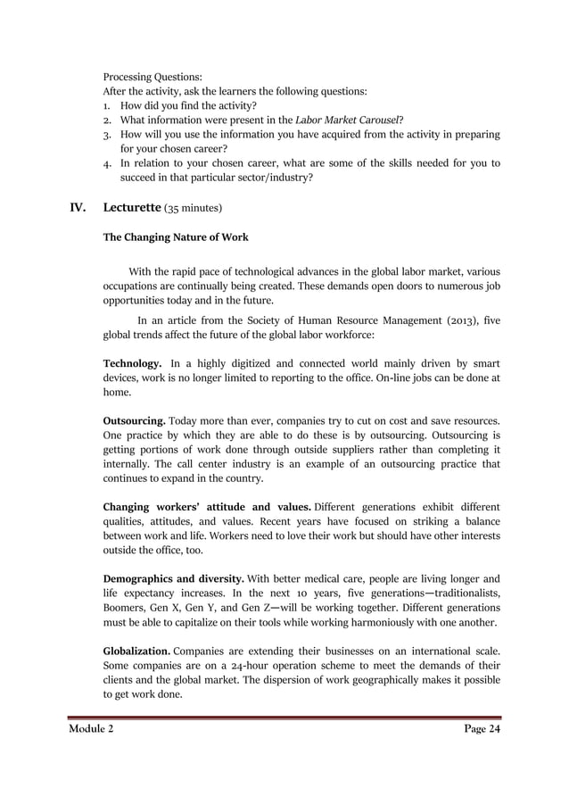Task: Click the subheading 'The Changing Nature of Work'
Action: pos(175,237)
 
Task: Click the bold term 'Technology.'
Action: pos(133,363)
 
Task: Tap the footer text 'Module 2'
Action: pos(91,729)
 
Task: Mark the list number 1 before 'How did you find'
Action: pos(106,105)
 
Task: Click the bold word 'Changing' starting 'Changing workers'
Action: pos(132,506)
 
